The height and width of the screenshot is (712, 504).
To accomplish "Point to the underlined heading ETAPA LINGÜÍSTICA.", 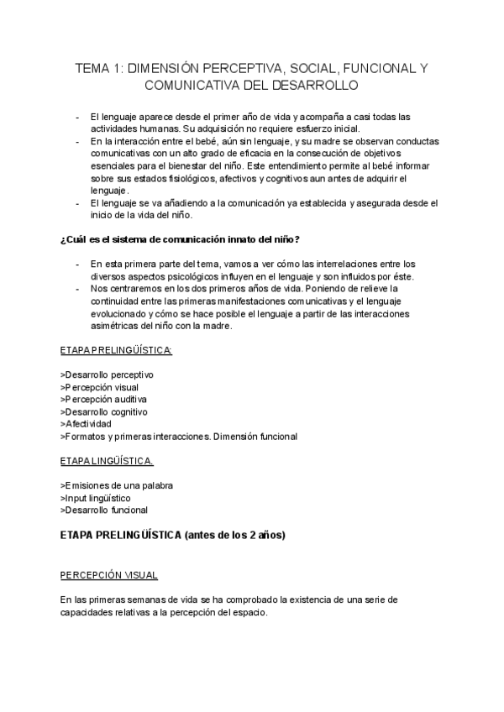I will click(107, 461).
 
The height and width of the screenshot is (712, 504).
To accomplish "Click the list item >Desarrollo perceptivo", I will click(108, 374).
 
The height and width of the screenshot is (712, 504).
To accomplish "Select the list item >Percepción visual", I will click(100, 387).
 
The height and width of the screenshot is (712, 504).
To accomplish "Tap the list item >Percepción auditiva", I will click(104, 400).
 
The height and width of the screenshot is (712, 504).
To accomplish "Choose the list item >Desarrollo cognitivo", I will click(105, 412).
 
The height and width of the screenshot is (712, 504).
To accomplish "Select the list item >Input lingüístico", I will click(96, 498).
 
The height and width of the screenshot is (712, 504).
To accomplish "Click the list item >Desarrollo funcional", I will click(105, 510).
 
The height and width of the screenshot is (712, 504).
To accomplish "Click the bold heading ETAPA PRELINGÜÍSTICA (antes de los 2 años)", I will click(173, 534).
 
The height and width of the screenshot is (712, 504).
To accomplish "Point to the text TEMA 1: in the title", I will click(98, 68).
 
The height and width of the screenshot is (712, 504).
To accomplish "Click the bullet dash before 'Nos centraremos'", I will click(78, 290).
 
